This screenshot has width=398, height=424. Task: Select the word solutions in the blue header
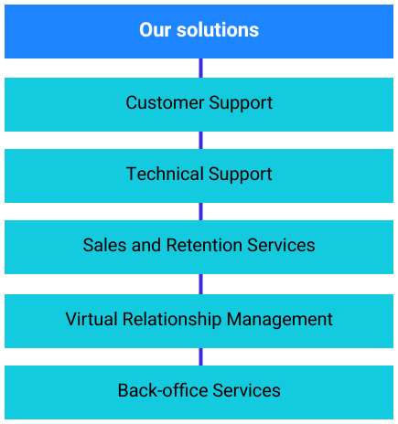[218, 30]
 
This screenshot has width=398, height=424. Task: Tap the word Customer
[165, 102]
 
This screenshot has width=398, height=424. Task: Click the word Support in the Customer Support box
[241, 104]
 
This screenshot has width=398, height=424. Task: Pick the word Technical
[165, 174]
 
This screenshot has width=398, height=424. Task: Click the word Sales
[104, 245]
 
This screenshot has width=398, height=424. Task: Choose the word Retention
[204, 245]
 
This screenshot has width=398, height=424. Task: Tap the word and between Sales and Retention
[146, 245]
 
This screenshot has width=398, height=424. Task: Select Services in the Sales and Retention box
[281, 245]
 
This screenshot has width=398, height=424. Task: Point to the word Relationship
[172, 320]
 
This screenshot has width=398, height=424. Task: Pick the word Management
[280, 320]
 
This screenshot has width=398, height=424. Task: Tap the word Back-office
[163, 390]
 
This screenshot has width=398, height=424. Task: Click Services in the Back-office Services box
[246, 390]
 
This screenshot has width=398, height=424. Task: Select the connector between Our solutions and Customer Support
[200, 68]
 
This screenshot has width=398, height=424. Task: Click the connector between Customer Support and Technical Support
[200, 140]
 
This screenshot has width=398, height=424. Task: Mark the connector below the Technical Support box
[200, 211]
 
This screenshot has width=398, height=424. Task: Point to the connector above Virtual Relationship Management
[200, 284]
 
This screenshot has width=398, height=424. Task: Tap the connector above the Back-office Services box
[200, 356]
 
